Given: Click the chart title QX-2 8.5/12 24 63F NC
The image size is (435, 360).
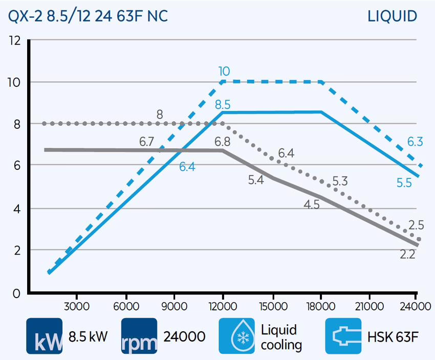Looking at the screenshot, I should pyautogui.click(x=87, y=16).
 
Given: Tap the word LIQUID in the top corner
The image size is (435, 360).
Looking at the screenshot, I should pyautogui.click(x=392, y=16).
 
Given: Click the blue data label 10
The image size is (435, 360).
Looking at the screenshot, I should pyautogui.click(x=224, y=71).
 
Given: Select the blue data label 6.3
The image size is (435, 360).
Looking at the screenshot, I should pyautogui.click(x=415, y=142).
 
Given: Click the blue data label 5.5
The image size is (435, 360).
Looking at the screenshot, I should pyautogui.click(x=404, y=183).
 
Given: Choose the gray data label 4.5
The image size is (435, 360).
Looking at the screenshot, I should pyautogui.click(x=312, y=205).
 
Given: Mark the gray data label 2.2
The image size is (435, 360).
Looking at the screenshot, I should pyautogui.click(x=407, y=254).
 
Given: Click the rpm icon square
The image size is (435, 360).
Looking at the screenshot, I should pyautogui.click(x=140, y=336).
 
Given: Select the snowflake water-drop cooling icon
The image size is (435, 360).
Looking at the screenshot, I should pyautogui.click(x=236, y=336).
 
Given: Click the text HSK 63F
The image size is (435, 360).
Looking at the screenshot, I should pyautogui.click(x=393, y=336).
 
